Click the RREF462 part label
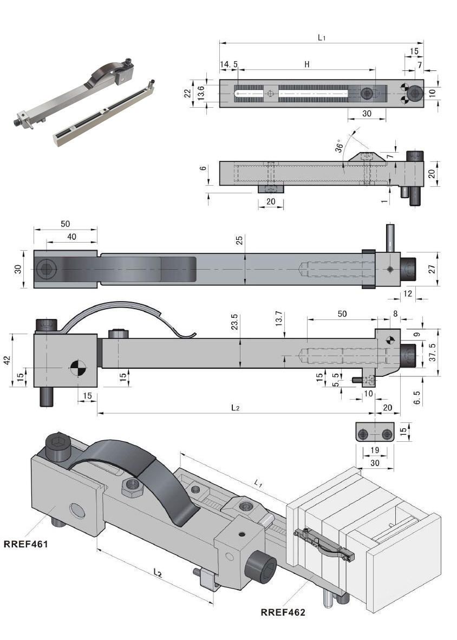coord(283,612)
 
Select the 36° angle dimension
coord(340,147)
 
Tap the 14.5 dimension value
coord(228,64)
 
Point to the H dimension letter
coord(306,64)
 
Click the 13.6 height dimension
coord(201,93)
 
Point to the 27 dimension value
coord(432,269)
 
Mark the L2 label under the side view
coord(234,408)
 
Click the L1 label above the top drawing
coord(322,37)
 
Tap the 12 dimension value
coord(408,293)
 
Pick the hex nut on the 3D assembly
coord(132,487)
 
